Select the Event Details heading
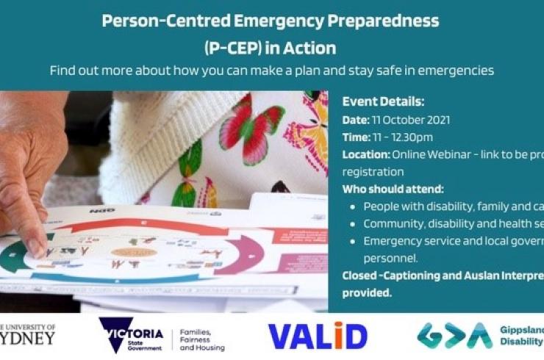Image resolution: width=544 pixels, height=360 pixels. tap(384, 102)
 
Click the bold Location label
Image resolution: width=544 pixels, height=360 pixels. tap(365, 155)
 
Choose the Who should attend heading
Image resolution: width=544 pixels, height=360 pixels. tap(393, 189)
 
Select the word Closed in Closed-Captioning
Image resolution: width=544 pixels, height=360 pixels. tap(361, 276)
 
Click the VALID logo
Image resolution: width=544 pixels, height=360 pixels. tap(318, 336)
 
